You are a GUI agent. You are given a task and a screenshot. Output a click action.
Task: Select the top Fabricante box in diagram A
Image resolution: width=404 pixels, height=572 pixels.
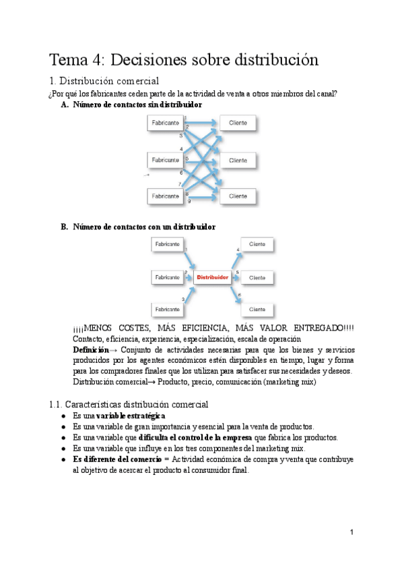click(x=166, y=123)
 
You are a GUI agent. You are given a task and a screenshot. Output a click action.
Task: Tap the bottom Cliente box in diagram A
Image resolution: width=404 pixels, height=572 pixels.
click(x=237, y=196)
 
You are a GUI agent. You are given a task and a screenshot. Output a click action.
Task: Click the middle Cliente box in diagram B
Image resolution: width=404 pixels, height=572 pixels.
click(x=257, y=277)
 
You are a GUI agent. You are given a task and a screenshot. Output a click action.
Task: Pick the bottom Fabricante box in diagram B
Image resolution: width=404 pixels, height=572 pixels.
click(x=167, y=308)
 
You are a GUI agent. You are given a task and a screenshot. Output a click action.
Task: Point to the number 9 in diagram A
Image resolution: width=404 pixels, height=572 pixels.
click(x=189, y=202)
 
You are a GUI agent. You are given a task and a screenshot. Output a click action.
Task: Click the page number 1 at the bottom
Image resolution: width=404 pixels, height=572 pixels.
click(x=351, y=532)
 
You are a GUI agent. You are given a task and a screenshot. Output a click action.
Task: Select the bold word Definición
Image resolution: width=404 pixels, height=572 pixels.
click(x=90, y=351)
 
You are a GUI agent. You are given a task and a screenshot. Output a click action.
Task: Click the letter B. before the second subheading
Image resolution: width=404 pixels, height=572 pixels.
click(x=65, y=227)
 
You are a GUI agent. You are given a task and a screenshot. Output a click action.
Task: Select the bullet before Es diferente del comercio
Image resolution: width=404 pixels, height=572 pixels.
click(x=63, y=459)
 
